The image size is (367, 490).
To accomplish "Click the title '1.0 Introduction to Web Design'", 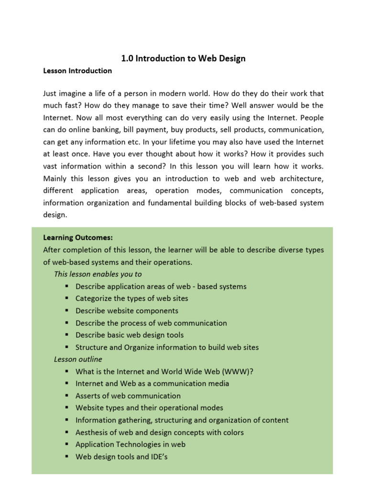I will (183, 58).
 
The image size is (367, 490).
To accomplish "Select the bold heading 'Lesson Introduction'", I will (77, 71).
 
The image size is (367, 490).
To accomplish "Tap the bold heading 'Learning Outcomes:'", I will (78, 237).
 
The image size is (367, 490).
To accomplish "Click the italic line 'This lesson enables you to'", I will (98, 274).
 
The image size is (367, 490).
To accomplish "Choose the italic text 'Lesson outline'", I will (78, 359).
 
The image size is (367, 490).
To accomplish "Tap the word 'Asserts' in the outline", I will (89, 396).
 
